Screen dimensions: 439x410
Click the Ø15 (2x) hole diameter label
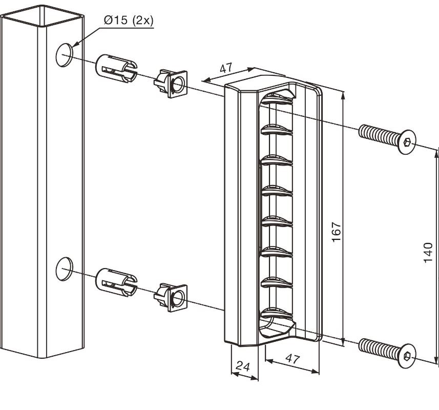point(129,20)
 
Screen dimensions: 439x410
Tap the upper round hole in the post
point(64,55)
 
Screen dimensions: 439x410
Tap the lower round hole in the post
point(64,269)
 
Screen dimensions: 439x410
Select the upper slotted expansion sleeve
point(116,68)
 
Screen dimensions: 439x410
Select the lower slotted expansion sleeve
point(116,282)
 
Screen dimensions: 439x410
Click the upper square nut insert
point(171,84)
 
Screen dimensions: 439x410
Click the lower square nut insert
point(171,297)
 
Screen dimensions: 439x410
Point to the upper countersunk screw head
point(407,142)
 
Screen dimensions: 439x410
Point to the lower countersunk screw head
point(407,356)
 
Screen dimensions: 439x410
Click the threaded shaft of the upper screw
point(380,135)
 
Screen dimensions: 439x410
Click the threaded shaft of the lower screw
point(380,348)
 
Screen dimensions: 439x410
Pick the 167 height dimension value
point(336,232)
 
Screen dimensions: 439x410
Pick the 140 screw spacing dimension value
point(428,253)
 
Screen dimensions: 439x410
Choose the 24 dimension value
point(242,366)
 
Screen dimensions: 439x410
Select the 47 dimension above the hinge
point(226,68)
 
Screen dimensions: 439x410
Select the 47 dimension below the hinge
point(292,359)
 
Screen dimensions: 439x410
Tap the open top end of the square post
point(42,16)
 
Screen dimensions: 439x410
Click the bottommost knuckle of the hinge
point(277,313)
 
